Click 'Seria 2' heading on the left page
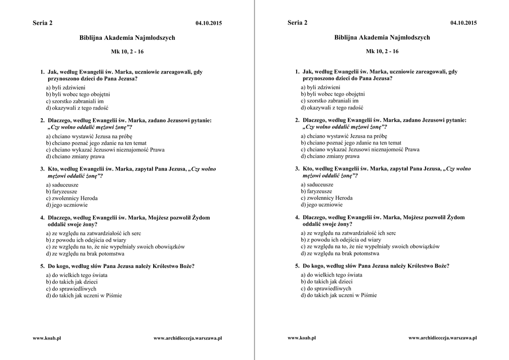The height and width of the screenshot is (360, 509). pyautogui.click(x=42, y=23)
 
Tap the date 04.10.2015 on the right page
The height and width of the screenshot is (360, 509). pyautogui.click(x=463, y=23)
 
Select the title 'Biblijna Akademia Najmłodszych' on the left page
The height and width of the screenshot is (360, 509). pyautogui.click(x=127, y=38)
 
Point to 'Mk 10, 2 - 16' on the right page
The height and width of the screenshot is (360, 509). pyautogui.click(x=382, y=51)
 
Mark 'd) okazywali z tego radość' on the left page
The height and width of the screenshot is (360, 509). pyautogui.click(x=77, y=107)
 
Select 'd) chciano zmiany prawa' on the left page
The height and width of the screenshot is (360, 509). pyautogui.click(x=75, y=156)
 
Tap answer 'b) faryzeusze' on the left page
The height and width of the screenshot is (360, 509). pyautogui.click(x=62, y=191)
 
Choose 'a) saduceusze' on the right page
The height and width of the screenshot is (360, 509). pyautogui.click(x=317, y=184)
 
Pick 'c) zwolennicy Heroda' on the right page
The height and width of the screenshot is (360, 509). pyautogui.click(x=327, y=198)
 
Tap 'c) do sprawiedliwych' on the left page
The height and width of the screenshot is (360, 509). pyautogui.click(x=71, y=288)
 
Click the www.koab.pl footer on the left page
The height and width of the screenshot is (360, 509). pyautogui.click(x=47, y=338)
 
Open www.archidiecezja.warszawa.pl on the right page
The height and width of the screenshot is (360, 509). pyautogui.click(x=442, y=338)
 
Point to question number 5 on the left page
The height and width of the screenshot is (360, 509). pyautogui.click(x=42, y=266)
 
